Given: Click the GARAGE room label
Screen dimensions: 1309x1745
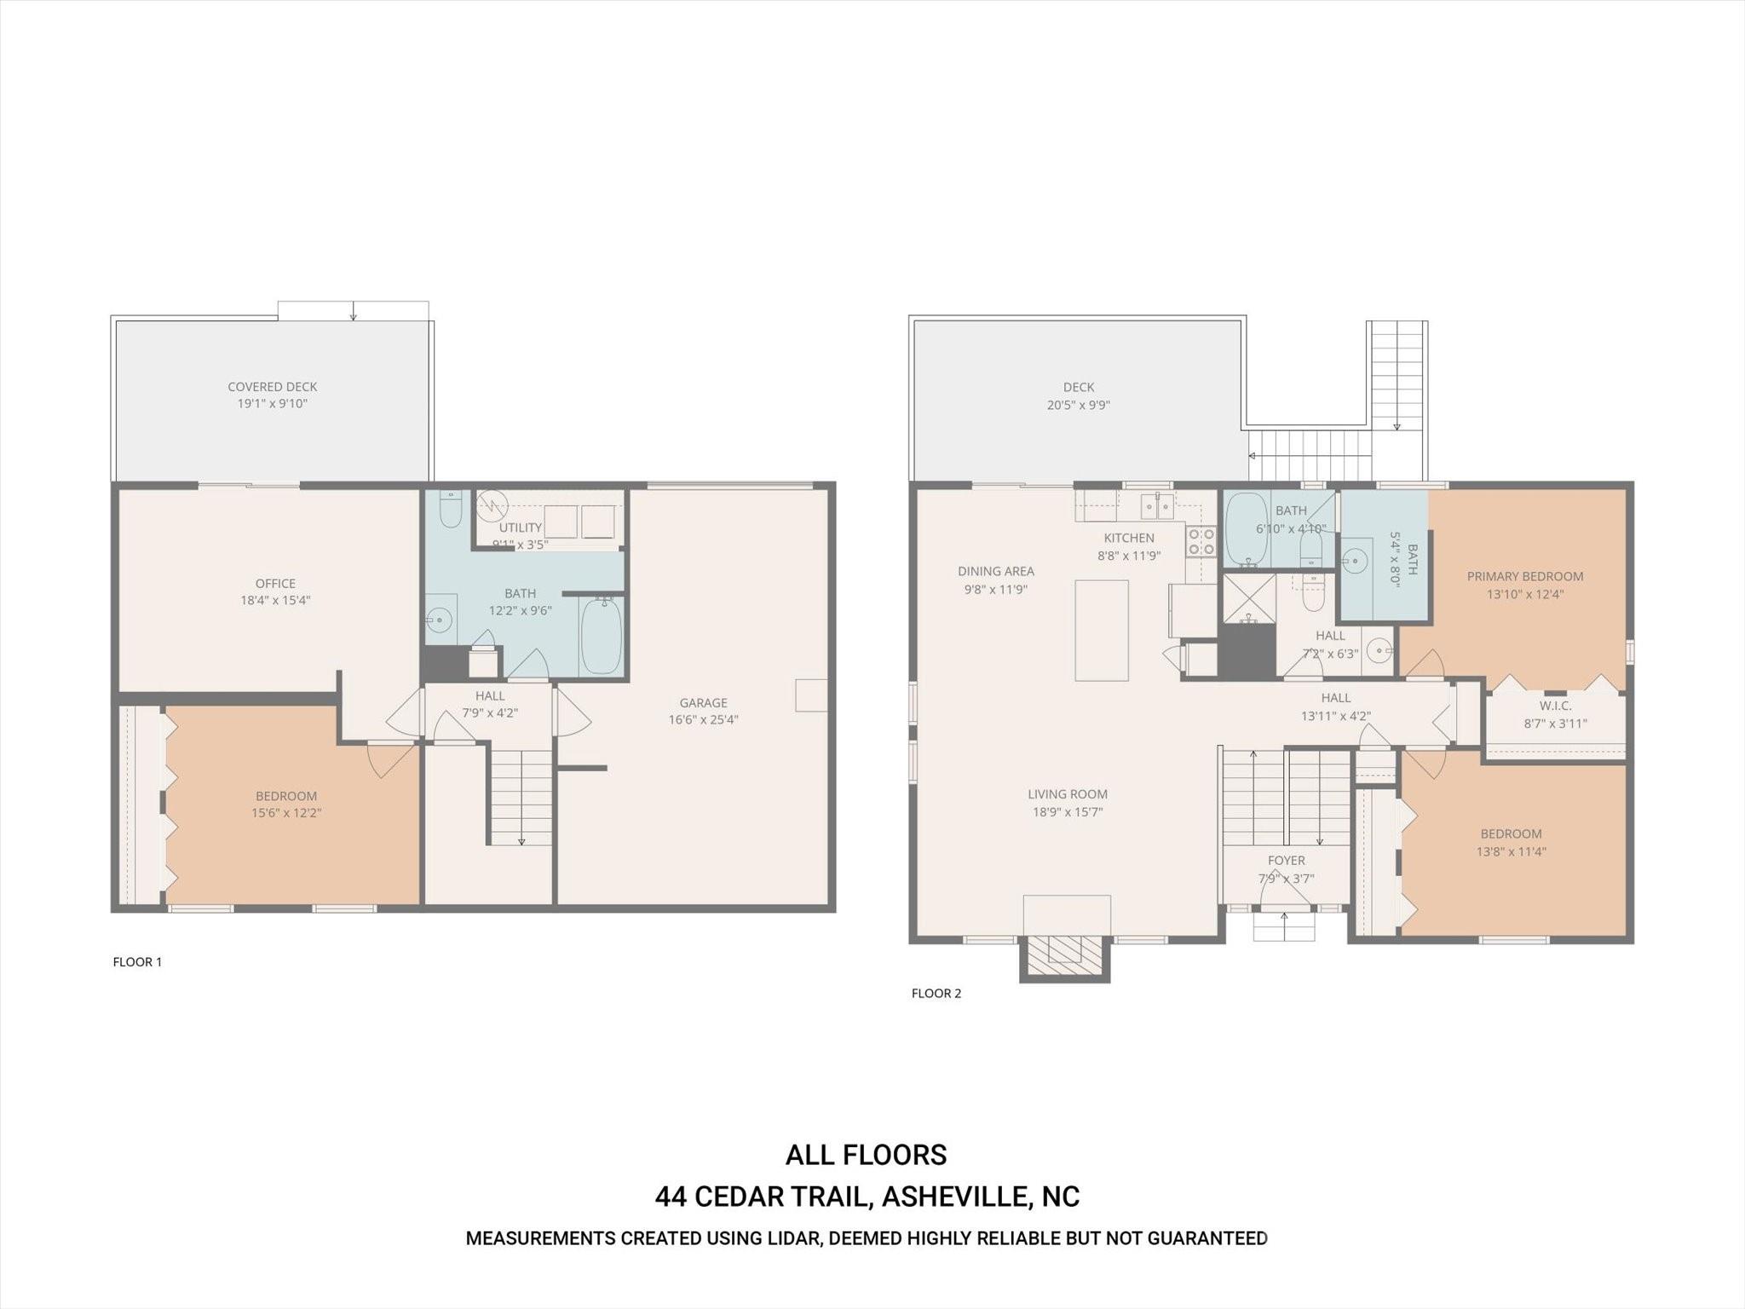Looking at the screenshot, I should tap(703, 702).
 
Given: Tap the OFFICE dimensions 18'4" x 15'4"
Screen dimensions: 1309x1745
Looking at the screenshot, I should tap(275, 600).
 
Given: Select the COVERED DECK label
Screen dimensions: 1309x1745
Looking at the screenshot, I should tap(272, 386).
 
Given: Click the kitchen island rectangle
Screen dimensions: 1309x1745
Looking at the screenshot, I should tap(1101, 630).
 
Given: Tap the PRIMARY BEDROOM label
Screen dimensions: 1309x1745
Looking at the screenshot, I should tap(1524, 576).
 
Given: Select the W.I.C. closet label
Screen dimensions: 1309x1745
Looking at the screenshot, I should tap(1555, 706).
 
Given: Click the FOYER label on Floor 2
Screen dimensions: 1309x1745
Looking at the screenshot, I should tap(1286, 860).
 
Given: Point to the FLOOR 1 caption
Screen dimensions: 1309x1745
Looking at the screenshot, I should tap(137, 961).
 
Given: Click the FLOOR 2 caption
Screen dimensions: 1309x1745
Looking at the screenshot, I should tap(936, 993).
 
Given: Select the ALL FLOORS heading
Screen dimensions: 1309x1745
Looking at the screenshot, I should tap(866, 1155).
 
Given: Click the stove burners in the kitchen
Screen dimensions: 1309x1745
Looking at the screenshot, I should tap(1201, 541).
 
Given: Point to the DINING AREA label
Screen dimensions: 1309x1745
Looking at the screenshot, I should tap(995, 571).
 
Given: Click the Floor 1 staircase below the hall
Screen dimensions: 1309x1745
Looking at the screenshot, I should tap(521, 798).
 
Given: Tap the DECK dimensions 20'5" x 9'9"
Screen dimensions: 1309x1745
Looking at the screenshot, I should tap(1078, 405).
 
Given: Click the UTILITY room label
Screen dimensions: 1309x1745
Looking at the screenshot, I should tap(520, 528).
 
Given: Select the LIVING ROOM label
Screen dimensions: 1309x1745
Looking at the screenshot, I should tap(1067, 793).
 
